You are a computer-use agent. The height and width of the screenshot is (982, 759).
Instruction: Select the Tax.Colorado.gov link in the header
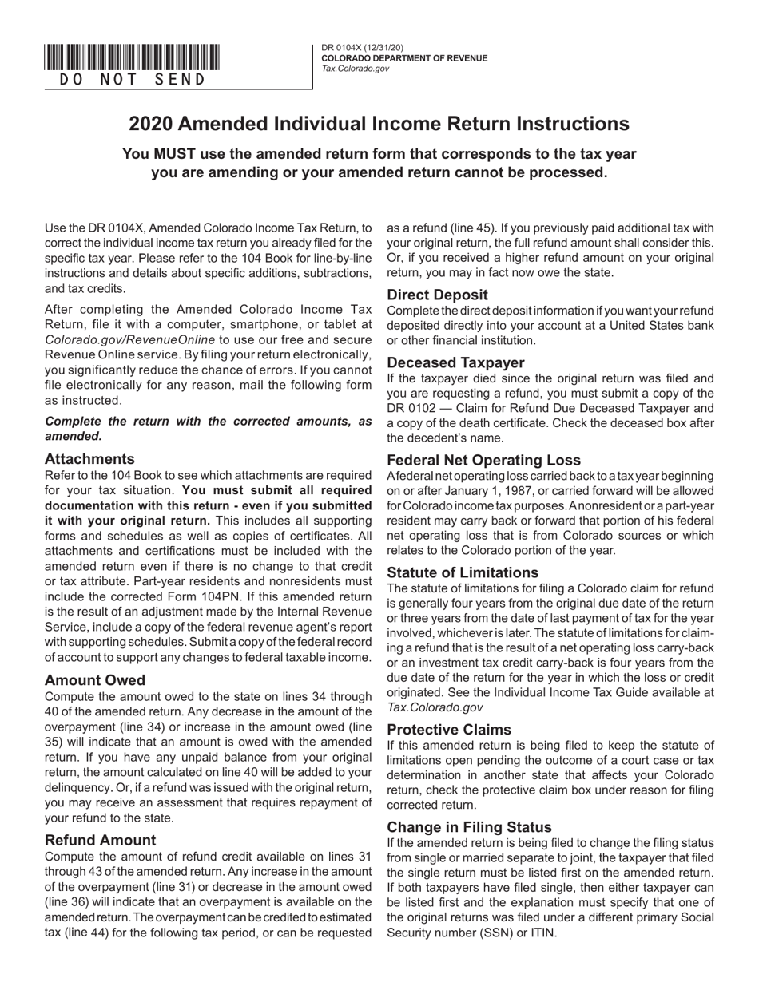click(x=356, y=69)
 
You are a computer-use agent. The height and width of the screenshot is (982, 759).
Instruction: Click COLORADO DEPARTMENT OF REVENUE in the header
click(x=404, y=58)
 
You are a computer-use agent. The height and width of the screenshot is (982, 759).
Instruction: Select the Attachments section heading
click(x=89, y=459)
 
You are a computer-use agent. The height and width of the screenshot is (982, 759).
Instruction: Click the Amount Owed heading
click(x=95, y=680)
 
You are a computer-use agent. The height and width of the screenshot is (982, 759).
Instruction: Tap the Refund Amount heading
click(x=101, y=840)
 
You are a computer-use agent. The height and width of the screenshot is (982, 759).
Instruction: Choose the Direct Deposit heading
click(x=438, y=295)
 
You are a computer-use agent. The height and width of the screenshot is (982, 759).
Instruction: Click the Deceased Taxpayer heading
click(x=456, y=362)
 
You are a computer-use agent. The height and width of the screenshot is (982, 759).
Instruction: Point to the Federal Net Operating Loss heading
click(x=484, y=460)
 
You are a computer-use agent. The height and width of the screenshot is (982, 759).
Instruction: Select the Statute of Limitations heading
click(x=463, y=572)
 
